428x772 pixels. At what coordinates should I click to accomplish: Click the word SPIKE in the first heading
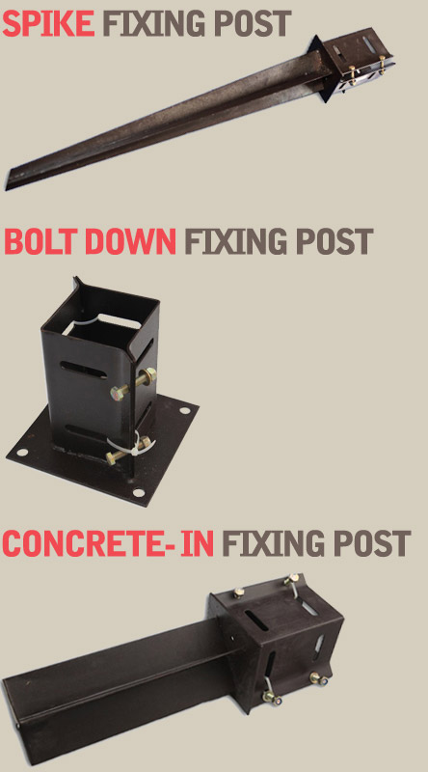[x=48, y=23]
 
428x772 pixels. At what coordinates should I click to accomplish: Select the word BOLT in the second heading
[x=41, y=241]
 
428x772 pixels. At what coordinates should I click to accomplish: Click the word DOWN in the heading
[x=130, y=241]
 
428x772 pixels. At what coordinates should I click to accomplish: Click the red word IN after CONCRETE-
[x=198, y=543]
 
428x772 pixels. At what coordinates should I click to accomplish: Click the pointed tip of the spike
[x=7, y=188]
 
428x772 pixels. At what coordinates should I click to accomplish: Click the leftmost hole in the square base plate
[x=21, y=452]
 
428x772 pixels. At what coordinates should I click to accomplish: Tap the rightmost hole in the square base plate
[x=184, y=409]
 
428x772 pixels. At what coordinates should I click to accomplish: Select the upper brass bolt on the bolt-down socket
[x=133, y=385]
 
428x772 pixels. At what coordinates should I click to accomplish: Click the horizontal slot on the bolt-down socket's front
[x=83, y=371]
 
